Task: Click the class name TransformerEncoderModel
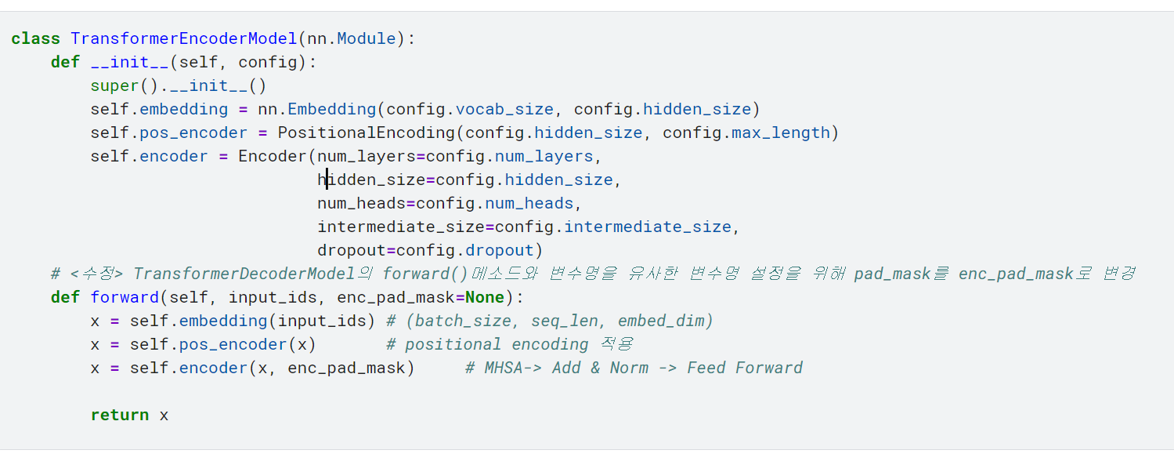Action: click(x=184, y=39)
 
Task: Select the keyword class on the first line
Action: click(x=36, y=39)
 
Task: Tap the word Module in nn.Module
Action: click(x=367, y=39)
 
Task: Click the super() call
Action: click(x=125, y=85)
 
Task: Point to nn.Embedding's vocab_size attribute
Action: click(x=504, y=110)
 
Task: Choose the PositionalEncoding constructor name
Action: click(x=367, y=132)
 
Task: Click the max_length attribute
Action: click(x=781, y=132)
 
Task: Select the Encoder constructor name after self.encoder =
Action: click(x=273, y=156)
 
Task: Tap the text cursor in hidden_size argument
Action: click(x=327, y=180)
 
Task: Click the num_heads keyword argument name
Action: click(x=362, y=204)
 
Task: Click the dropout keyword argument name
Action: click(x=352, y=251)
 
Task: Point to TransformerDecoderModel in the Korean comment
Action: click(x=244, y=274)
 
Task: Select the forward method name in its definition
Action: click(x=125, y=297)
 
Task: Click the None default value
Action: click(x=485, y=297)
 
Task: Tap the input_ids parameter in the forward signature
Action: click(x=273, y=298)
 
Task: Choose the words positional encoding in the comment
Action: click(x=497, y=344)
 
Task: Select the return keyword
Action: click(x=120, y=416)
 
